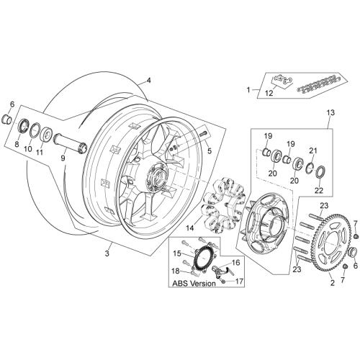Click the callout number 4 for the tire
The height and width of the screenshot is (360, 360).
(x=149, y=80)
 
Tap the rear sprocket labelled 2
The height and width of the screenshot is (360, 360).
(x=315, y=249)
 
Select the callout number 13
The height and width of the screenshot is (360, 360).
(x=330, y=112)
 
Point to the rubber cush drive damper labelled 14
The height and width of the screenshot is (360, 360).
(x=224, y=204)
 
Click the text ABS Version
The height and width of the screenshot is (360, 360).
(x=194, y=283)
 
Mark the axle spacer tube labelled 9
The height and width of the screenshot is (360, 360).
(x=70, y=143)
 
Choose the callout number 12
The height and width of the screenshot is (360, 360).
(x=269, y=93)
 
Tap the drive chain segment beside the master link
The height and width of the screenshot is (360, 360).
(x=317, y=84)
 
